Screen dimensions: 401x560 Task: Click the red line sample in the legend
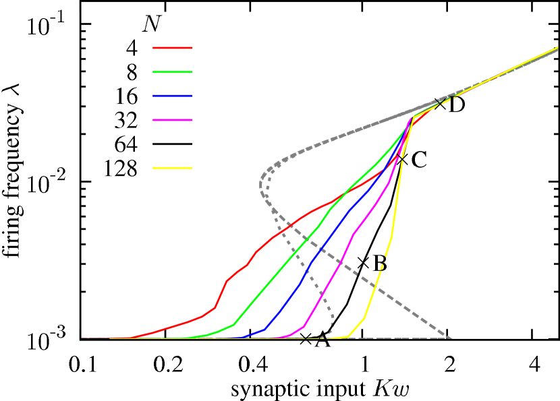(172, 48)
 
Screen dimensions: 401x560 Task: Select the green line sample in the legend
(172, 72)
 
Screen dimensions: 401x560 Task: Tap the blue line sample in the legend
(172, 96)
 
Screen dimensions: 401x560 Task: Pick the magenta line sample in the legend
(172, 120)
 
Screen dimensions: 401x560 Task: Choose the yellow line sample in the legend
(172, 168)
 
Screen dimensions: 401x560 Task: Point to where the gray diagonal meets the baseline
(450, 337)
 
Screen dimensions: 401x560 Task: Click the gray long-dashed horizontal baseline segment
(398, 338)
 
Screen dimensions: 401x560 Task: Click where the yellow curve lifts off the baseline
(347, 336)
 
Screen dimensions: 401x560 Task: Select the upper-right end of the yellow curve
(557, 49)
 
